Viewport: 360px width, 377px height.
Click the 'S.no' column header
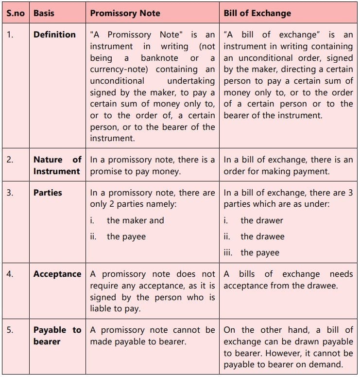click(16, 13)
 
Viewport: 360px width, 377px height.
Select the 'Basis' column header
click(44, 13)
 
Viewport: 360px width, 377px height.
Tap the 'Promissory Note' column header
click(125, 13)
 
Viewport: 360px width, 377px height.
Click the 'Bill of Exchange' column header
click(257, 13)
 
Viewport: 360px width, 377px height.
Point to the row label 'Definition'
click(54, 35)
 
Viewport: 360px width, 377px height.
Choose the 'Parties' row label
click(48, 193)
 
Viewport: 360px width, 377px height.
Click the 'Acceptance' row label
click(57, 274)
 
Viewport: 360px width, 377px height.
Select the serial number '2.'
click(10, 160)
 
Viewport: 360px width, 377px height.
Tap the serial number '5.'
click(10, 330)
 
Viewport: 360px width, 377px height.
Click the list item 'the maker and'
click(136, 220)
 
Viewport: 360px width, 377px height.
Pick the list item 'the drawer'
click(262, 220)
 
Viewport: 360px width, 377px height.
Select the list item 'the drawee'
click(262, 236)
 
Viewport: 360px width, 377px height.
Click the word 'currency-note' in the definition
click(115, 70)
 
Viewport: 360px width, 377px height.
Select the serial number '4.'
click(10, 274)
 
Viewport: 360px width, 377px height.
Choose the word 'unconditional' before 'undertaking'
click(117, 81)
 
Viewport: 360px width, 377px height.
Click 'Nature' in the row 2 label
click(48, 160)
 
